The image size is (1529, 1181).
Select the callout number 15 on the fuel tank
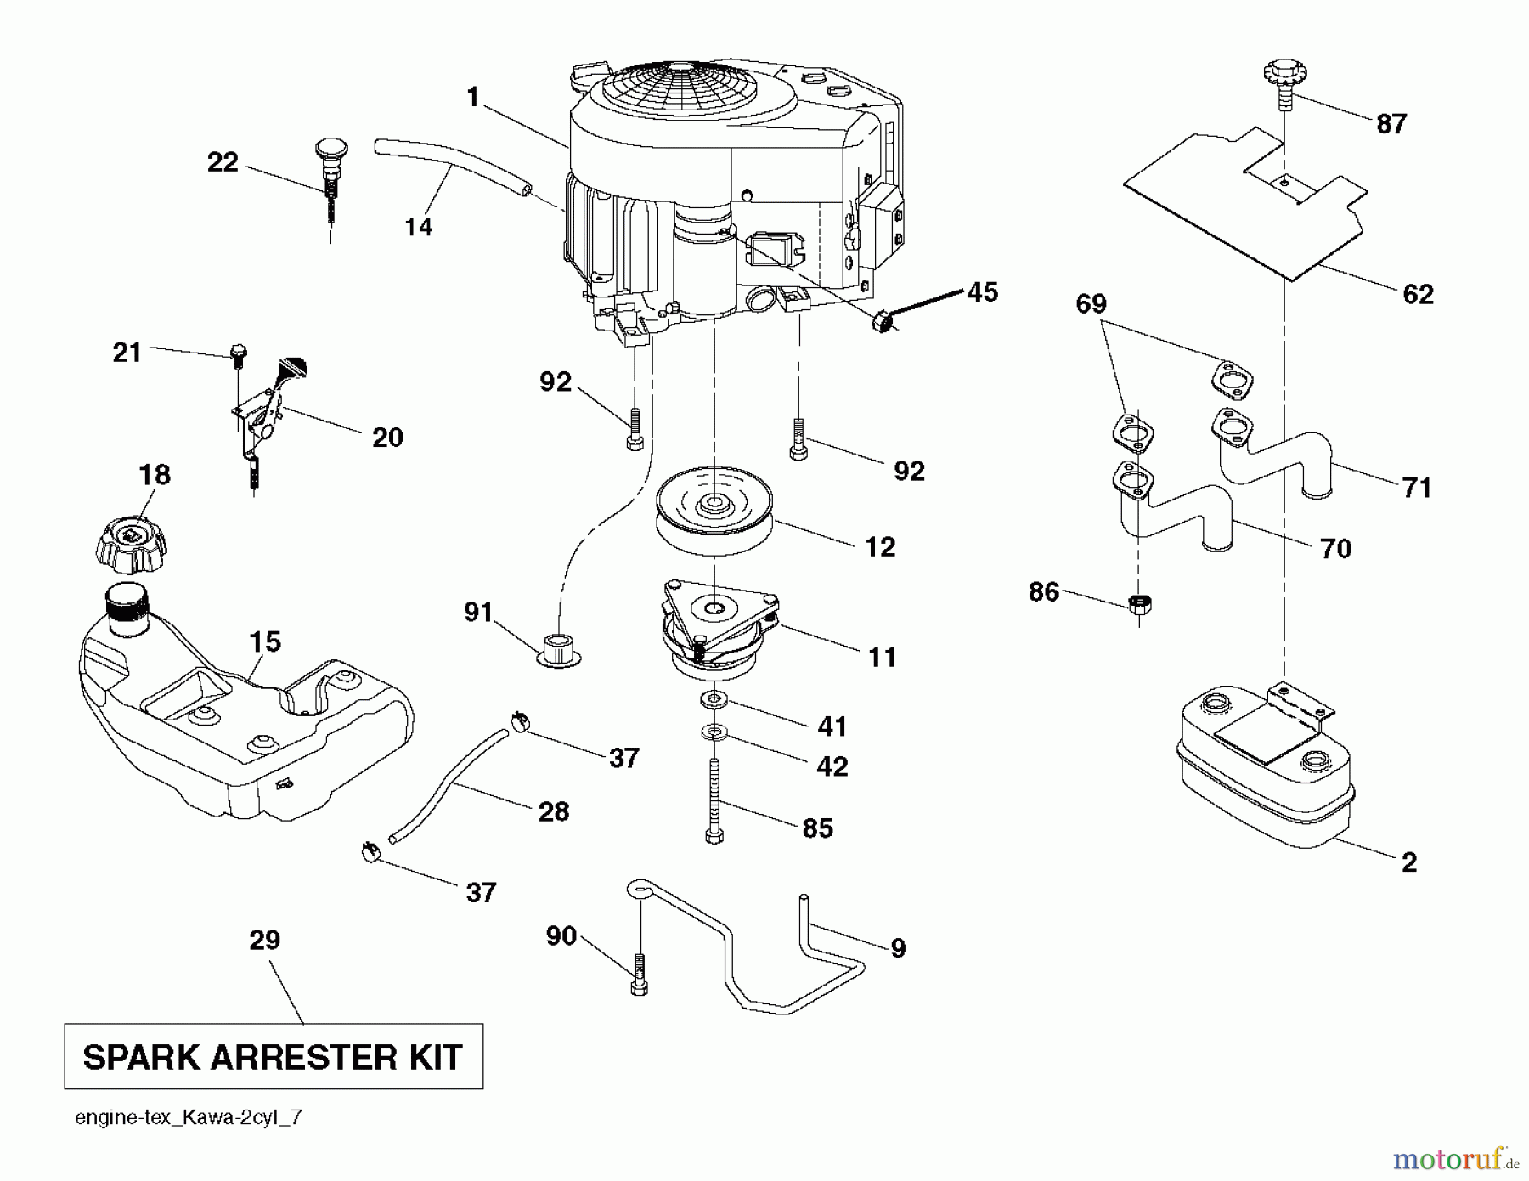(265, 641)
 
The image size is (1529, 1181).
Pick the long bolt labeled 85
(714, 799)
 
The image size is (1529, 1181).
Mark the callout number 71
(1417, 488)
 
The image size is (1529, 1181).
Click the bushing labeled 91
(557, 650)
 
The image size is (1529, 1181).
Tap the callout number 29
(264, 941)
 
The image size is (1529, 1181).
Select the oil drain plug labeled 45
(884, 321)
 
